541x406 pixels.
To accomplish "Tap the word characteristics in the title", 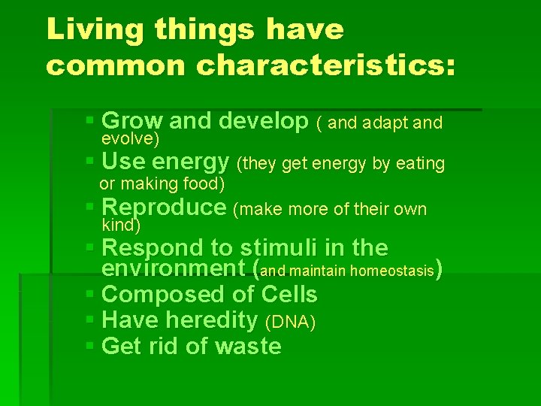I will coord(325,65).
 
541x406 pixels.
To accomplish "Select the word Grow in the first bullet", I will coord(131,120).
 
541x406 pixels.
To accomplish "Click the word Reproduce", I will coord(163,208).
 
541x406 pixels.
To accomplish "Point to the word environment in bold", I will coord(177,268).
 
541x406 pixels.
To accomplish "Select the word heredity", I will coord(211,321).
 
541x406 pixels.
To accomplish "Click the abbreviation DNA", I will coord(290,322).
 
